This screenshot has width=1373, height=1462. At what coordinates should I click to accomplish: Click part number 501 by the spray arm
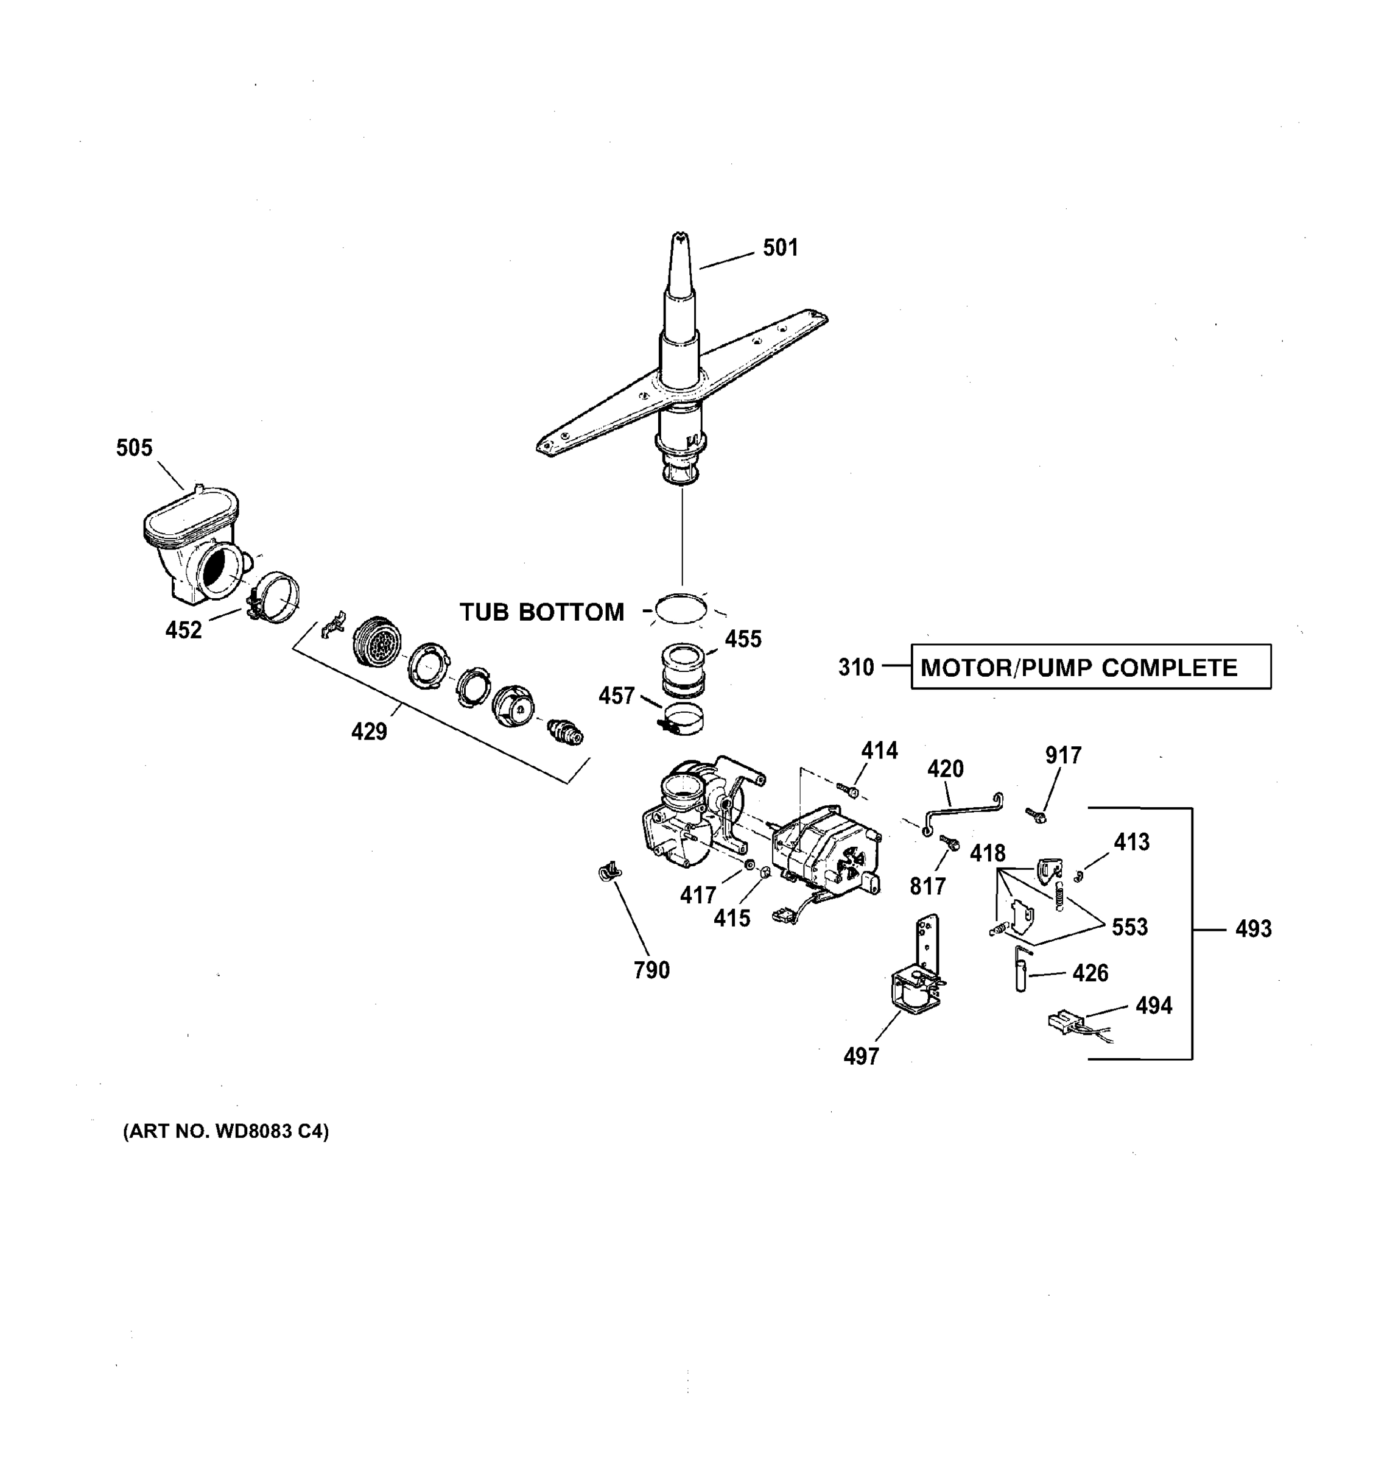click(780, 248)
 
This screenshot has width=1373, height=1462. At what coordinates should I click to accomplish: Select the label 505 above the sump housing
click(135, 448)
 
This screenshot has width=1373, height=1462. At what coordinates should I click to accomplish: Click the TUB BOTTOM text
click(542, 612)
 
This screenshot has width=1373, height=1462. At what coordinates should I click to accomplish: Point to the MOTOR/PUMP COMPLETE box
click(1090, 667)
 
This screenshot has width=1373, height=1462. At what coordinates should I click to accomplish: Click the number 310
click(856, 668)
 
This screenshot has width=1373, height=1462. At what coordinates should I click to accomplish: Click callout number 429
click(369, 732)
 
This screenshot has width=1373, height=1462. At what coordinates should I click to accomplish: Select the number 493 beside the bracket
click(1253, 929)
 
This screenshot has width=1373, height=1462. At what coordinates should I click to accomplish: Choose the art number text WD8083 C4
click(226, 1132)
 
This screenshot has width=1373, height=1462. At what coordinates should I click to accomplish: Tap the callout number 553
click(1129, 927)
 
